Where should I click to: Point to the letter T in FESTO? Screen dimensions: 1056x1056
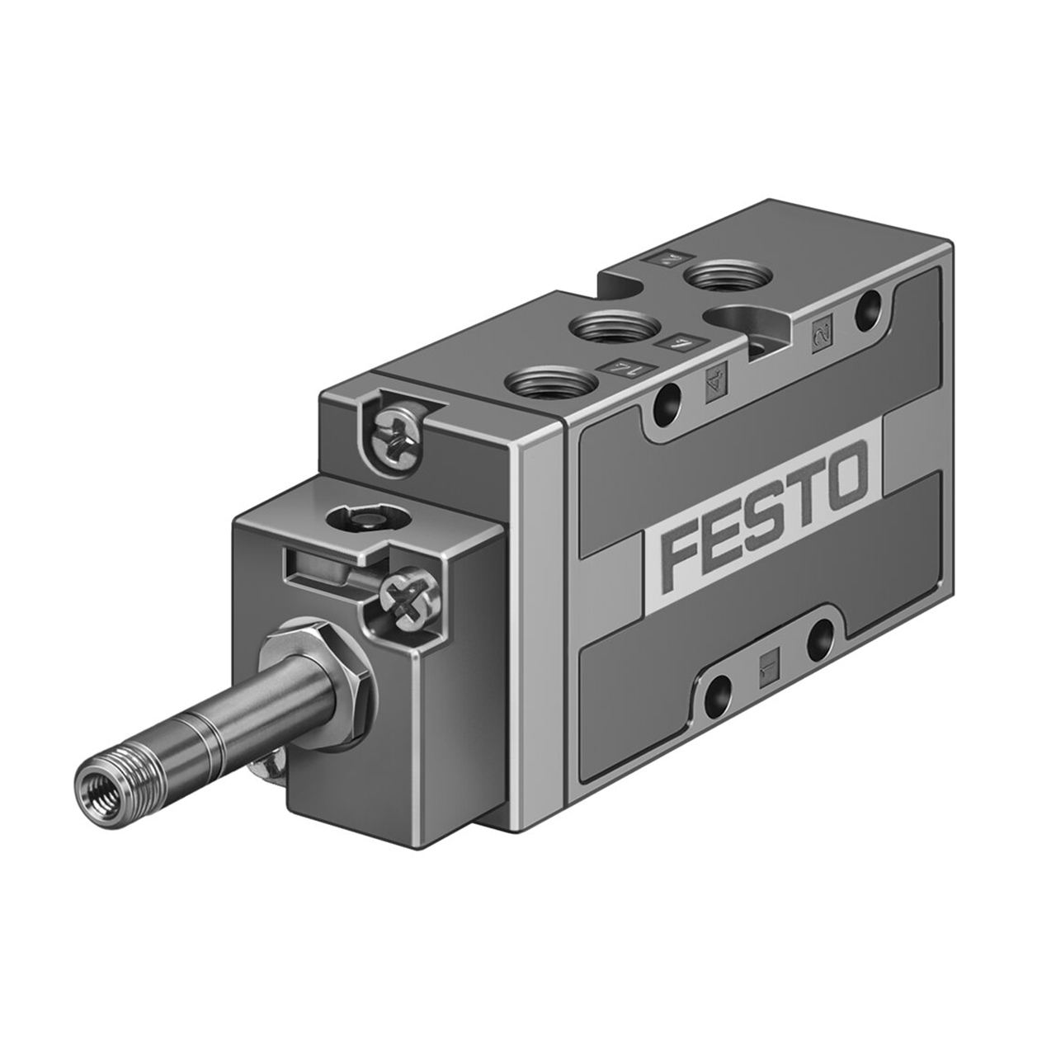pyautogui.click(x=804, y=495)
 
